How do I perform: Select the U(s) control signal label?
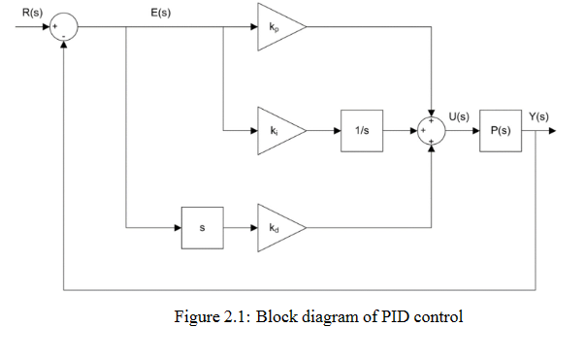[x=458, y=116]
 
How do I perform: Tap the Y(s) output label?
[x=538, y=116]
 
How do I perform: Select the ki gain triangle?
[x=278, y=129]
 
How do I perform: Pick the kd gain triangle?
[x=278, y=229]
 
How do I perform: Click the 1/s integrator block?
[x=361, y=130]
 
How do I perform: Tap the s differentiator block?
[x=202, y=229]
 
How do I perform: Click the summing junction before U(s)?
[x=430, y=130]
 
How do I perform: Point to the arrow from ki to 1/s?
[x=324, y=130]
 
